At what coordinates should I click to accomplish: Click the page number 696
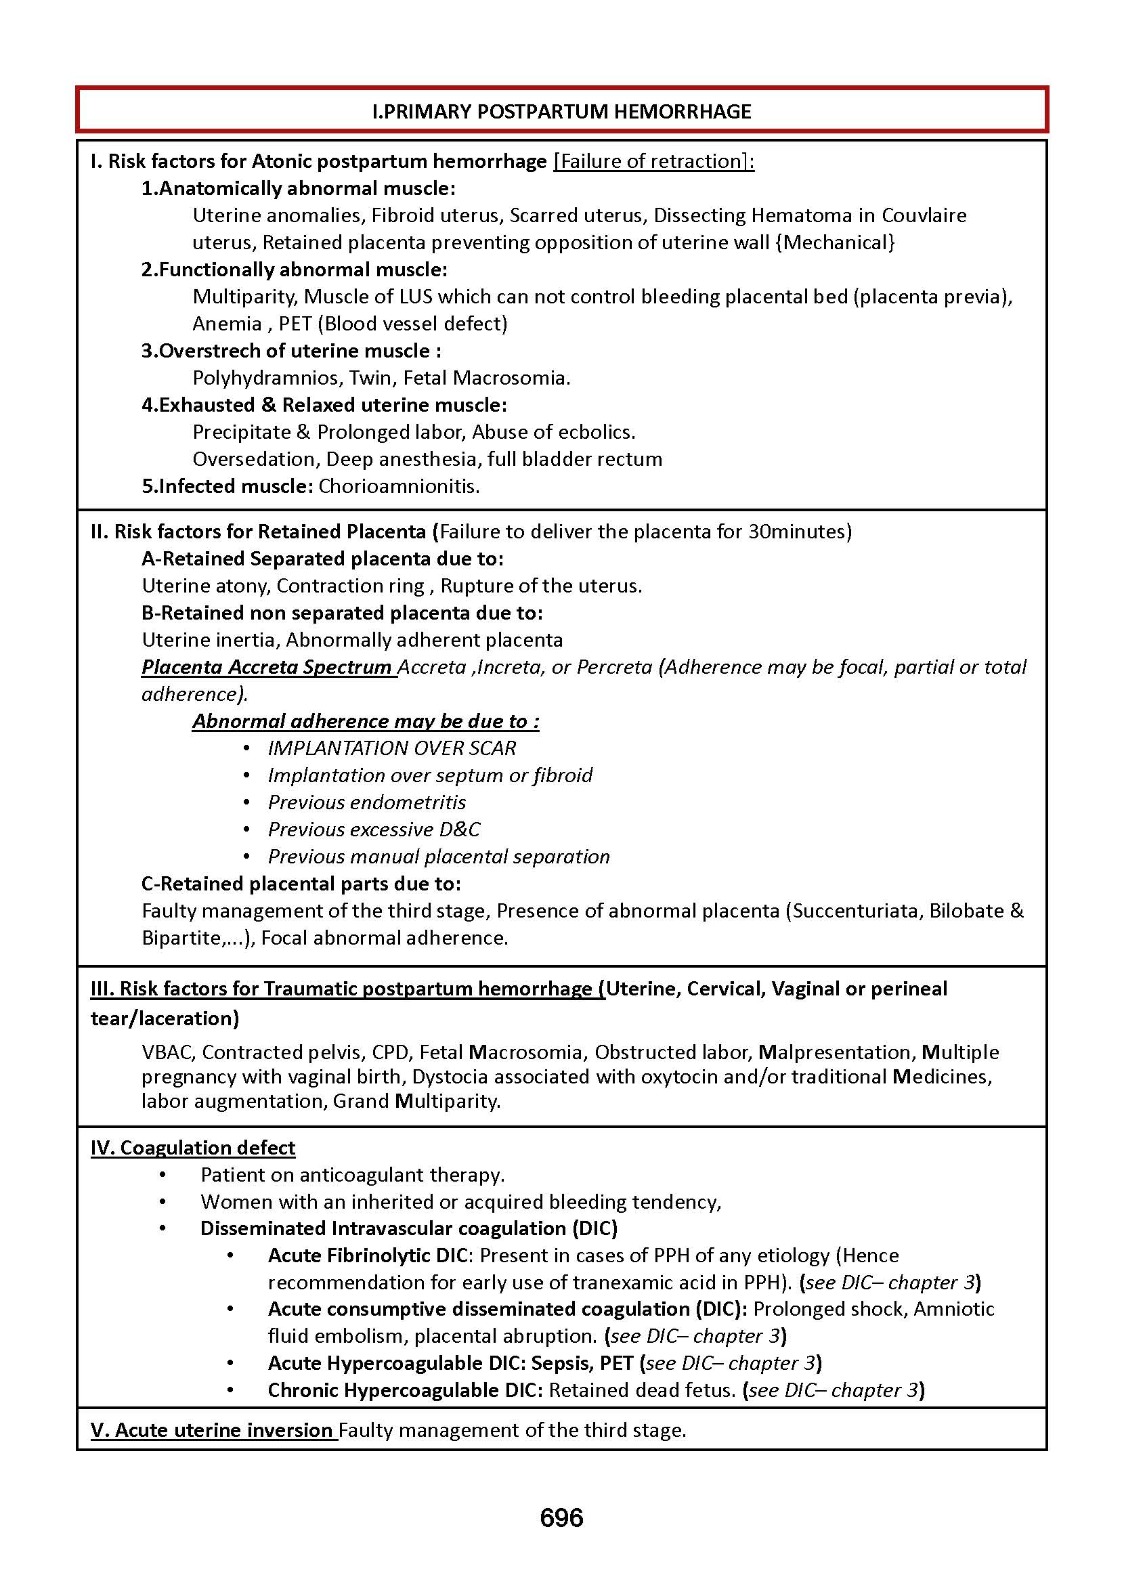click(x=561, y=1517)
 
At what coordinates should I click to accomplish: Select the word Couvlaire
click(x=924, y=215)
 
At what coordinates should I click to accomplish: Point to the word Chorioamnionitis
click(x=399, y=486)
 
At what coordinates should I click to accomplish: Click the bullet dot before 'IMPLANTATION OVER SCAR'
click(x=246, y=748)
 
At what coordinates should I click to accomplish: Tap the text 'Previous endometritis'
click(x=367, y=802)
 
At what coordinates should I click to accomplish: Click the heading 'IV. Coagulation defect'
click(x=193, y=1148)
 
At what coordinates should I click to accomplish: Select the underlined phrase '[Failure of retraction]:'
click(x=653, y=161)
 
